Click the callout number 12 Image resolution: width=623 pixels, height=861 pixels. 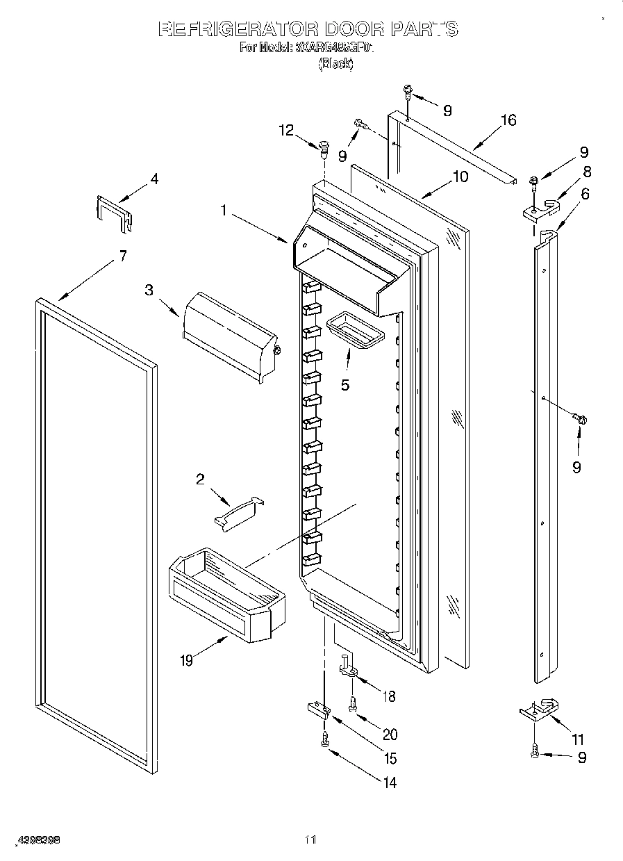tap(286, 129)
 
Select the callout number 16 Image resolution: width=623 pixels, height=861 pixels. tap(508, 120)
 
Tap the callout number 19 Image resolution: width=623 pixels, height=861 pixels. tap(186, 661)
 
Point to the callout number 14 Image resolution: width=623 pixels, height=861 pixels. tap(390, 782)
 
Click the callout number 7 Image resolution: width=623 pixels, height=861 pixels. tap(122, 256)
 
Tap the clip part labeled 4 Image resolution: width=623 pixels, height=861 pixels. tap(113, 212)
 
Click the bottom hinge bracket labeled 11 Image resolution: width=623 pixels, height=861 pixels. tap(539, 710)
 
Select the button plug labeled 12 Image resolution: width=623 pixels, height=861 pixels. tap(324, 147)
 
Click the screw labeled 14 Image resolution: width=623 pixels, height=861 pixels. tap(324, 741)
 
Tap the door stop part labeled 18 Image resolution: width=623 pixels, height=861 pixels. tap(349, 669)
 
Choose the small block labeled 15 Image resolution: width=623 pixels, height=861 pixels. tap(317, 709)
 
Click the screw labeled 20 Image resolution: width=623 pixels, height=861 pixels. tap(353, 703)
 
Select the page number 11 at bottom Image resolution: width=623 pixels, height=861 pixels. tap(310, 840)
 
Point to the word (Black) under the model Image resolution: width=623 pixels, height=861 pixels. tap(335, 63)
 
